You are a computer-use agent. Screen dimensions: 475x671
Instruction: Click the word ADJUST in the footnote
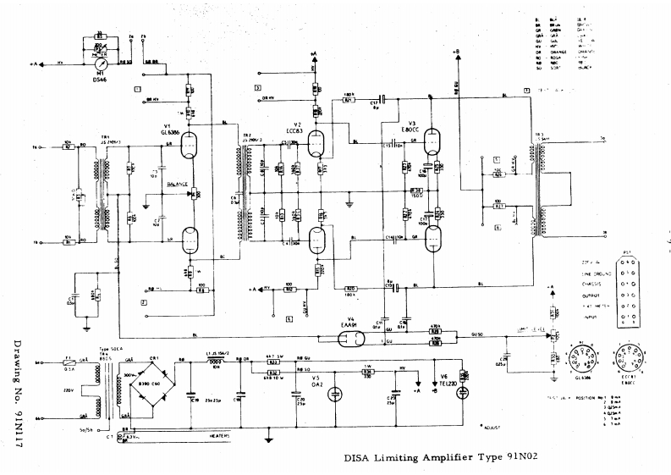pos(490,430)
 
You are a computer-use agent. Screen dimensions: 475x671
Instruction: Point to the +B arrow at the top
pos(456,52)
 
